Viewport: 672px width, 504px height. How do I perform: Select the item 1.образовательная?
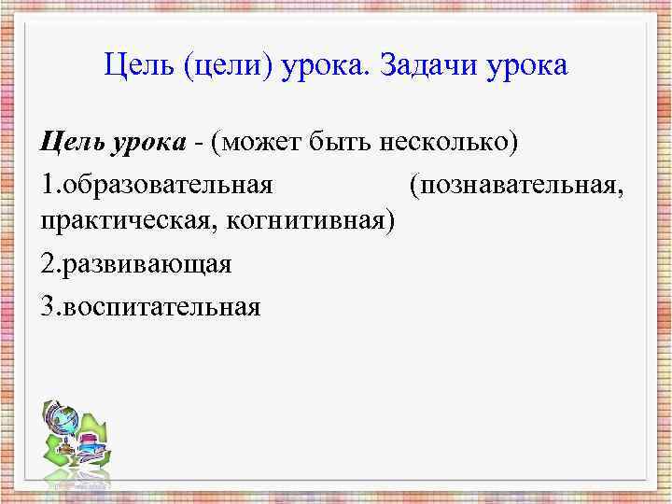click(x=157, y=185)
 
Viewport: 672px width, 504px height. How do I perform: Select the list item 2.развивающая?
click(x=136, y=264)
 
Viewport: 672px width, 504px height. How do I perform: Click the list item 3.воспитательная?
click(x=150, y=304)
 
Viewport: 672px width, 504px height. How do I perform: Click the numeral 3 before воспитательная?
click(x=48, y=304)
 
